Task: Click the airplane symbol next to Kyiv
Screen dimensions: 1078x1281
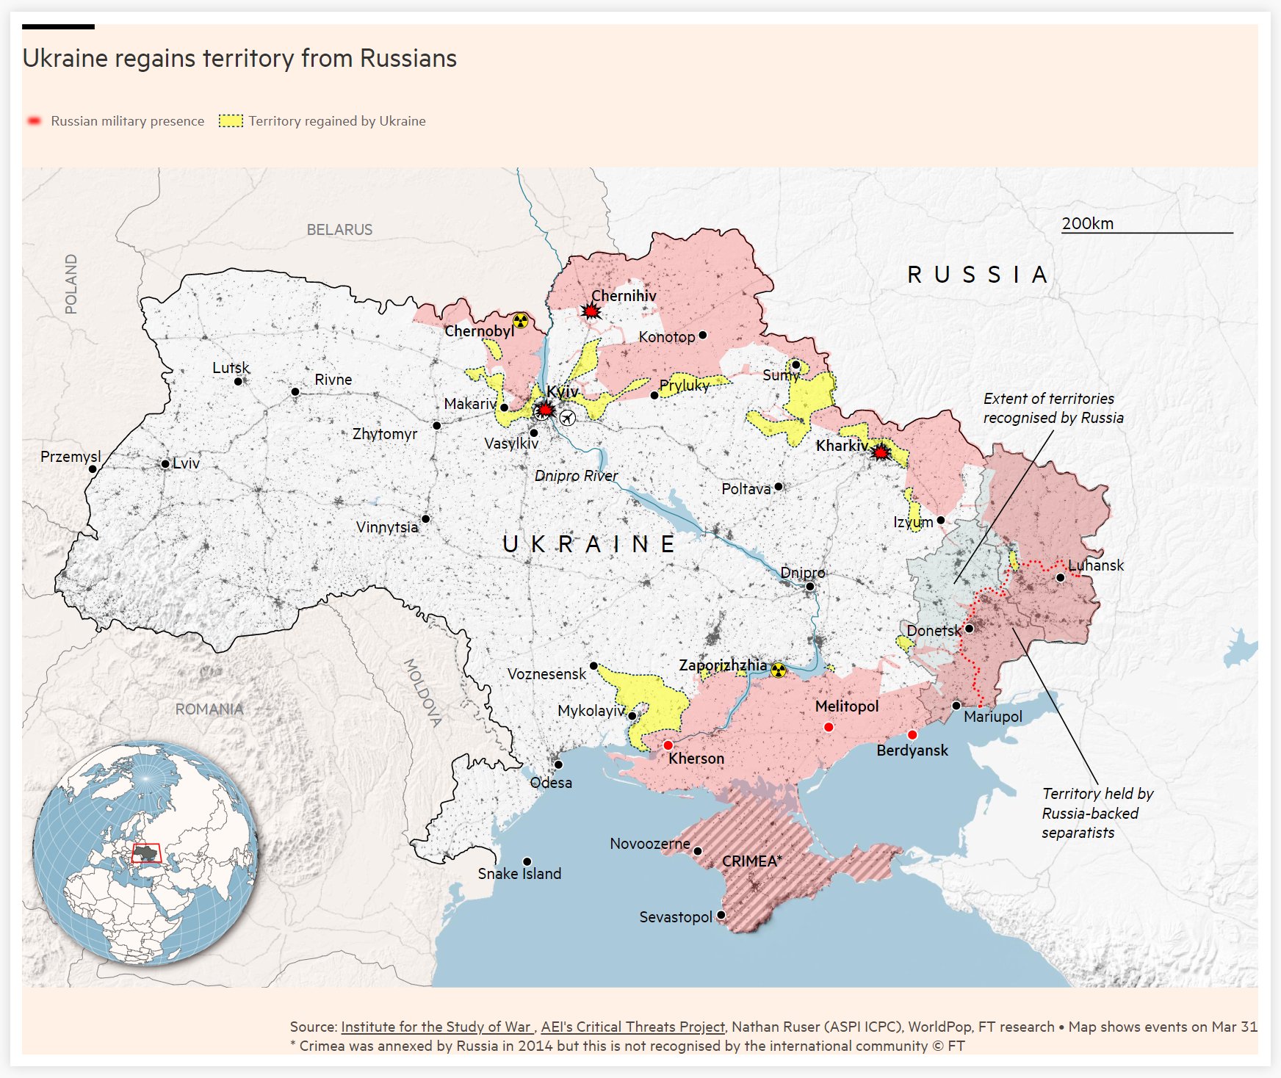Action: pos(567,418)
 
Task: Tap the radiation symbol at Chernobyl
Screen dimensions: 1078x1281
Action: pos(520,320)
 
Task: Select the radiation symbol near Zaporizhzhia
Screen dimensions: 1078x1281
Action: pos(779,670)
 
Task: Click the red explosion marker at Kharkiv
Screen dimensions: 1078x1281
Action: pos(880,452)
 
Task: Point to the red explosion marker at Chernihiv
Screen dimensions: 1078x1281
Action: pos(591,311)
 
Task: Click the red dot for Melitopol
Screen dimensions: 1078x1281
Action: pos(829,727)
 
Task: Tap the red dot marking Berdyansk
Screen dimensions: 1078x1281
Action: pos(912,735)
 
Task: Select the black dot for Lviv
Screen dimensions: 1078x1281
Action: pos(165,464)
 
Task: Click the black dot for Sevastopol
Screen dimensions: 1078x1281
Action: pos(721,915)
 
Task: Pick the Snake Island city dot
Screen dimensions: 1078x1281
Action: pos(527,861)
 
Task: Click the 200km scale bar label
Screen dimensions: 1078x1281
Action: pos(1087,223)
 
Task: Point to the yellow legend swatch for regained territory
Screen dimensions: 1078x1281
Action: pos(231,121)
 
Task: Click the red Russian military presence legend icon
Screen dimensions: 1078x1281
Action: pos(34,121)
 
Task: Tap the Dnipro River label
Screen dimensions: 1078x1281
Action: pos(576,476)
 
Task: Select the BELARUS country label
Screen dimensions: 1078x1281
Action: pos(339,230)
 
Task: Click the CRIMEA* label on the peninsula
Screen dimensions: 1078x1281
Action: pos(751,861)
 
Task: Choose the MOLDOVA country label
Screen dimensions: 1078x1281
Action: pos(423,693)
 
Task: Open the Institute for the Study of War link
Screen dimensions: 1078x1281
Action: pos(436,1027)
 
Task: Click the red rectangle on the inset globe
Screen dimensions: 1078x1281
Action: pos(145,853)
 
